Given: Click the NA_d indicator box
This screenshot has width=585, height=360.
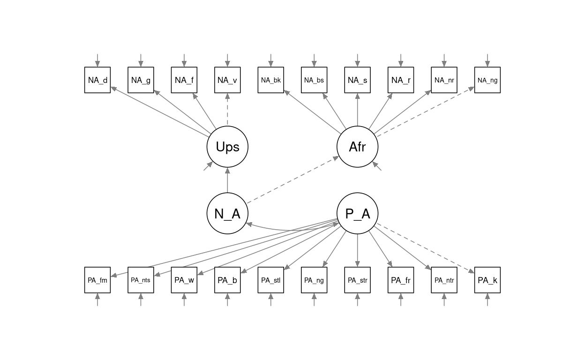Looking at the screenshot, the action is point(97,80).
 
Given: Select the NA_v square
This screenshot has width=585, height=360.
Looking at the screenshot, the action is point(227,80).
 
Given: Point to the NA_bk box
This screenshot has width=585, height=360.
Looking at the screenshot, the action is point(270,80).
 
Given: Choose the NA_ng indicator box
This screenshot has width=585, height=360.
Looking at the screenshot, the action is point(487,80).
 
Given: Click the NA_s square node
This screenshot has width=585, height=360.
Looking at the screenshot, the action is point(357,80).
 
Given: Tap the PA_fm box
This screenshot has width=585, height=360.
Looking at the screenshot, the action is point(97,280).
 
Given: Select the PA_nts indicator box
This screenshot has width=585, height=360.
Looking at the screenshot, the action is point(141,280).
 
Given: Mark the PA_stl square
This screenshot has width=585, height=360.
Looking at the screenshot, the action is point(270,280).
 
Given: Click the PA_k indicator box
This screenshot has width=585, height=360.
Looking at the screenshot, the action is point(487,280).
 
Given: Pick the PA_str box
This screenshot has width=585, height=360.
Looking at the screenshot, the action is point(357,280).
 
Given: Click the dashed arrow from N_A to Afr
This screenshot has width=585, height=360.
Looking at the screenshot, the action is point(293,180).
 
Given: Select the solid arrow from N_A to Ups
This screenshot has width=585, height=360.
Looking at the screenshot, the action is point(227,180).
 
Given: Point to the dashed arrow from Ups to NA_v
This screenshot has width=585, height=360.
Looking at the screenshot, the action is point(227,110).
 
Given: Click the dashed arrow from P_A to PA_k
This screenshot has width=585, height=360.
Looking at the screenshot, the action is point(426,248).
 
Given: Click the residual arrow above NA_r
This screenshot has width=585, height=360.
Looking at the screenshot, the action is point(401,60).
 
